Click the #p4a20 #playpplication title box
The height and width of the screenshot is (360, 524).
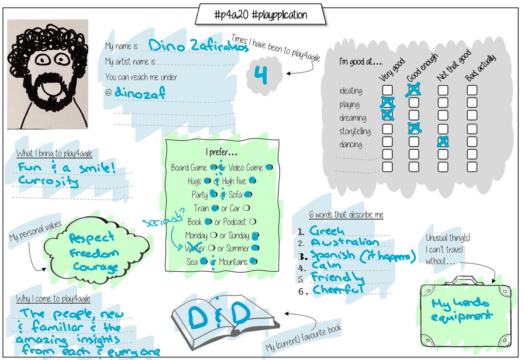(261, 14)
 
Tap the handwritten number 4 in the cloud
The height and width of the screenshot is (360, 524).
(261, 75)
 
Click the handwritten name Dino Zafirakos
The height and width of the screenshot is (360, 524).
(198, 45)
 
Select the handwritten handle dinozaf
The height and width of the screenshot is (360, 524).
(140, 93)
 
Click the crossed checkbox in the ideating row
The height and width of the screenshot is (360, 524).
(414, 90)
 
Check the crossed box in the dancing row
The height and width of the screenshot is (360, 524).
(443, 142)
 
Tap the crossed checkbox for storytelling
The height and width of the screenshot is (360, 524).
(414, 128)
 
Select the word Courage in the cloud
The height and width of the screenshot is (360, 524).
(95, 266)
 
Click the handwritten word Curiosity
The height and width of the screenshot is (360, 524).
(49, 181)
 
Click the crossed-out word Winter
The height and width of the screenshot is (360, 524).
(194, 249)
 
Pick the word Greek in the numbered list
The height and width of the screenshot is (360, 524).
(327, 231)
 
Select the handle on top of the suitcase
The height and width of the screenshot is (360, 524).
(465, 280)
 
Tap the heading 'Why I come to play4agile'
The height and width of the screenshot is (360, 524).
(53, 299)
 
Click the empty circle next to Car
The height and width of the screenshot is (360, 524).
(246, 208)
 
